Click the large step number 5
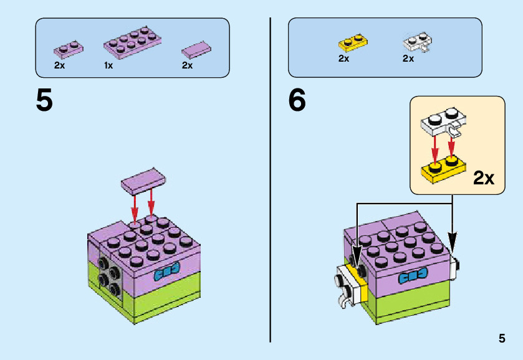pyautogui.click(x=44, y=101)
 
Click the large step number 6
pyautogui.click(x=297, y=101)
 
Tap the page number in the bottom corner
pyautogui.click(x=502, y=339)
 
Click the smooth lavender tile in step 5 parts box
pyautogui.click(x=196, y=49)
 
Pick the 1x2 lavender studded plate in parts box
pyautogui.click(x=68, y=48)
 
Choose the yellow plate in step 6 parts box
pyautogui.click(x=352, y=42)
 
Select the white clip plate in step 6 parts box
pyautogui.click(x=418, y=42)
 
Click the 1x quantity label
pyautogui.click(x=108, y=65)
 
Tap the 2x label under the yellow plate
pyautogui.click(x=343, y=59)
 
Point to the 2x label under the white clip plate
pyautogui.click(x=408, y=59)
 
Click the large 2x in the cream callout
pyautogui.click(x=484, y=179)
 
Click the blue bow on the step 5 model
pyautogui.click(x=166, y=272)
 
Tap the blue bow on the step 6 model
pyautogui.click(x=412, y=277)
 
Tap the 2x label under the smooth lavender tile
pyautogui.click(x=187, y=65)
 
